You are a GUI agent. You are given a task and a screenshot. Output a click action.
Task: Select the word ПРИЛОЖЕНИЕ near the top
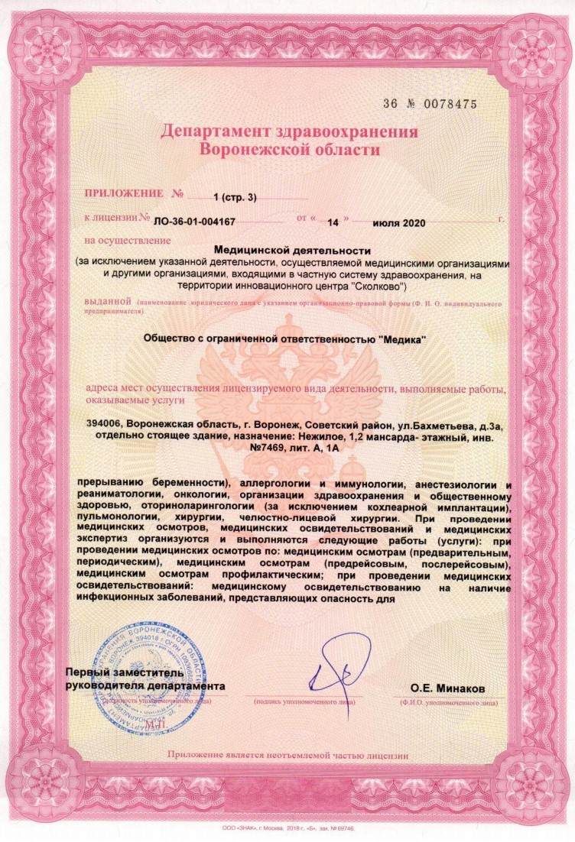(125, 196)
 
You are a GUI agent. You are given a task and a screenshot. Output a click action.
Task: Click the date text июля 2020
(399, 223)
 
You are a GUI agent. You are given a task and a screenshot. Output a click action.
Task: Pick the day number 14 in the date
(333, 223)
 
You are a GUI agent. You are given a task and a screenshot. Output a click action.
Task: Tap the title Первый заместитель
(124, 673)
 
